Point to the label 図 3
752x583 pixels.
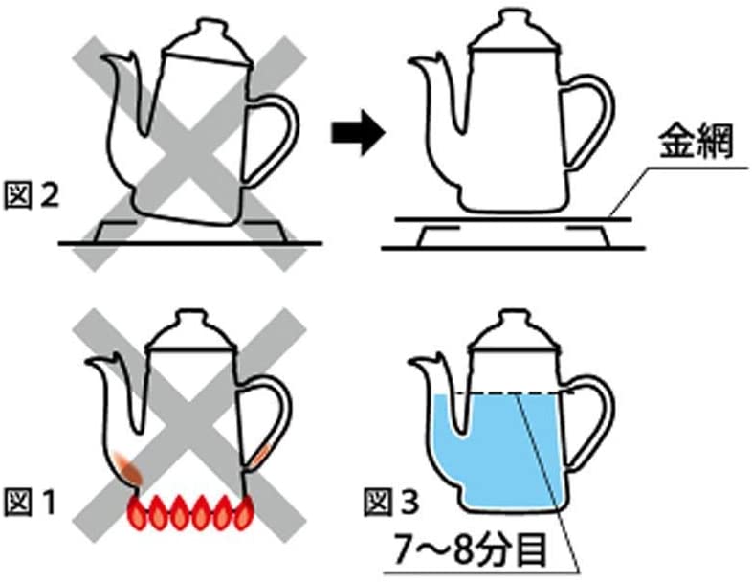pyautogui.click(x=391, y=500)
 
